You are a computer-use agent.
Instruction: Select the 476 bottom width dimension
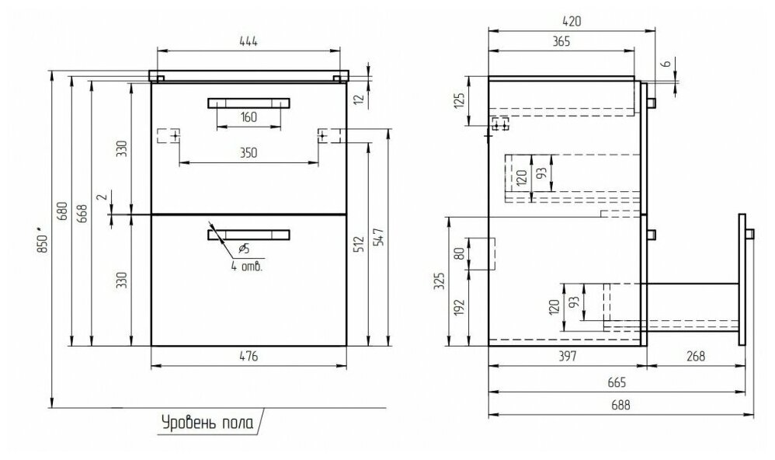point(248,357)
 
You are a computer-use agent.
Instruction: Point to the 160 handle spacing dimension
point(248,118)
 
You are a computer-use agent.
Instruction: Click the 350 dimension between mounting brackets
point(248,153)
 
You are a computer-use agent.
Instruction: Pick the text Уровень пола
point(207,423)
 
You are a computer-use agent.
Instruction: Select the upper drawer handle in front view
point(248,102)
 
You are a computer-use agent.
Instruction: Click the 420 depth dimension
point(572,21)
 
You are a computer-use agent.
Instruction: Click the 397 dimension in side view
point(565,357)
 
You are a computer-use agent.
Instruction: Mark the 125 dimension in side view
point(459,99)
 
